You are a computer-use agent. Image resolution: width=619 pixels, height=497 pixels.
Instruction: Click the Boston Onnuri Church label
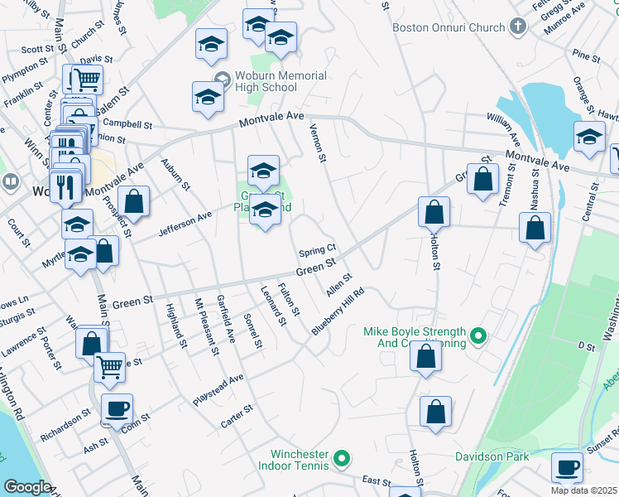(448, 27)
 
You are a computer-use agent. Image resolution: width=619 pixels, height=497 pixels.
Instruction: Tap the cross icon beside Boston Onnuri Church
(518, 27)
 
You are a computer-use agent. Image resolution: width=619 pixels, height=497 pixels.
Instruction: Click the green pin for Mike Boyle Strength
(477, 336)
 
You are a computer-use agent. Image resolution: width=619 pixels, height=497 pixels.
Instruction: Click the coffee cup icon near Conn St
(118, 408)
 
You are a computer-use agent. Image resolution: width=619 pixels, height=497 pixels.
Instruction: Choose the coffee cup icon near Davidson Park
(567, 467)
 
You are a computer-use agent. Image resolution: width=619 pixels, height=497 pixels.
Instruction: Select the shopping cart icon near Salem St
(86, 80)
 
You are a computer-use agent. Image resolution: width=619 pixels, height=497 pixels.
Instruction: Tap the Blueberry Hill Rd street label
(338, 311)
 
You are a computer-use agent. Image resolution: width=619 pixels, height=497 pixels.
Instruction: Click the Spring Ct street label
(317, 248)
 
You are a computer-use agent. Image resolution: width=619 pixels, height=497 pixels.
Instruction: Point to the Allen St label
(339, 286)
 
